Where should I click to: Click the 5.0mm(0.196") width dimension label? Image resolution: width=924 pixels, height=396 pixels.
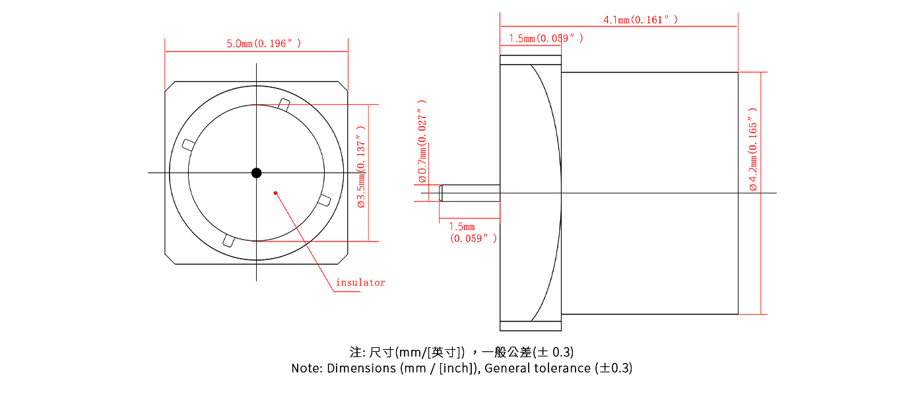pyautogui.click(x=263, y=44)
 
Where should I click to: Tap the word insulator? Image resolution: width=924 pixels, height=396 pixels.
pyautogui.click(x=360, y=282)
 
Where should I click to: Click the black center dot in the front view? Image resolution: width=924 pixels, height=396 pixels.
pyautogui.click(x=257, y=173)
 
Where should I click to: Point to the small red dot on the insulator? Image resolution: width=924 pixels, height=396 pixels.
pyautogui.click(x=275, y=193)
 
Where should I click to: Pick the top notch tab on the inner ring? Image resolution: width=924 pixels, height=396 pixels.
pyautogui.click(x=284, y=104)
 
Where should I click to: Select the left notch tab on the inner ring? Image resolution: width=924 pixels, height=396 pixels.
pyautogui.click(x=187, y=145)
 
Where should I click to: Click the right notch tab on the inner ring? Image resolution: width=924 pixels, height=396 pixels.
pyautogui.click(x=324, y=201)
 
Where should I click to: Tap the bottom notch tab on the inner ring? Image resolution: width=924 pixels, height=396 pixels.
pyautogui.click(x=228, y=241)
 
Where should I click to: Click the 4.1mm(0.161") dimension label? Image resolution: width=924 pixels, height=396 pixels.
pyautogui.click(x=640, y=20)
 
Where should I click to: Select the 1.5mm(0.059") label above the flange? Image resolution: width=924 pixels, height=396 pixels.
pyautogui.click(x=546, y=38)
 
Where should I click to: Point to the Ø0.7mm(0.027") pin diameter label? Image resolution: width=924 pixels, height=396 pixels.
pyautogui.click(x=422, y=141)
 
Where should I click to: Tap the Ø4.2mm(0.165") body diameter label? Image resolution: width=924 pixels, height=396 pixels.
pyautogui.click(x=753, y=149)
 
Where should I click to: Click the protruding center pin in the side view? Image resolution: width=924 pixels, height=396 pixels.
pyautogui.click(x=469, y=193)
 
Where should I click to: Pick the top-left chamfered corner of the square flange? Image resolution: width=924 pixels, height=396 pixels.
pyautogui.click(x=170, y=86)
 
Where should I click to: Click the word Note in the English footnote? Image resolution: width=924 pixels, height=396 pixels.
pyautogui.click(x=305, y=368)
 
